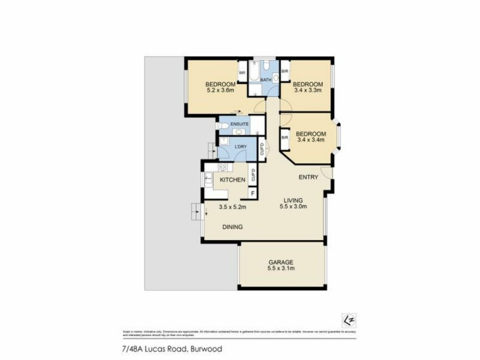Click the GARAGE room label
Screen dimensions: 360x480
(281, 262)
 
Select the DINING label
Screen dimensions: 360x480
(232, 227)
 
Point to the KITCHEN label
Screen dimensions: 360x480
(232, 180)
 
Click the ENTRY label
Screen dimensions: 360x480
(309, 177)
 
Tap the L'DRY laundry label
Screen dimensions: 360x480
(241, 147)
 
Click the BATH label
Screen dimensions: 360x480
(265, 79)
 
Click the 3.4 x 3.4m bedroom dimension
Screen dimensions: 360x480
(311, 141)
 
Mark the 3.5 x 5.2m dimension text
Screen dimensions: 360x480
(232, 207)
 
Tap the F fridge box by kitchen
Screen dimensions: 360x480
(253, 193)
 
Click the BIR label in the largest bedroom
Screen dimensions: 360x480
(242, 73)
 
